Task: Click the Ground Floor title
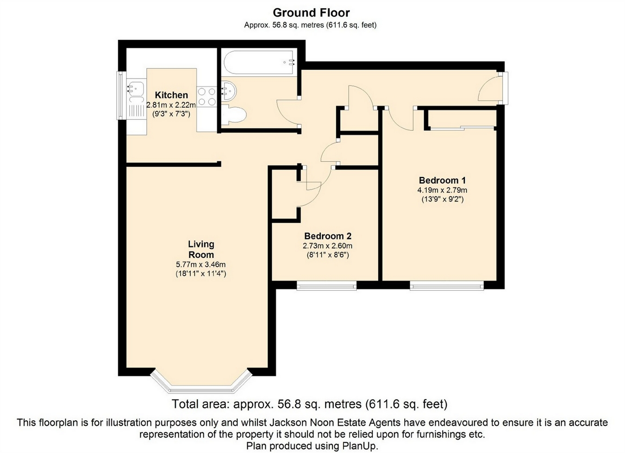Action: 311,13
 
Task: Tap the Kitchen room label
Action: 171,95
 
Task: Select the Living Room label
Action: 201,249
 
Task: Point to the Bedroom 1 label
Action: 442,180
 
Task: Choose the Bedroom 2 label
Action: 328,236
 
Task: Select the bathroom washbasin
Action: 229,91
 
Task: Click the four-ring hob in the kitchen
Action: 207,97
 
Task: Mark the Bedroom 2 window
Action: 326,286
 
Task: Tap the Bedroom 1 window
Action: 447,286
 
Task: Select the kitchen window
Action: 121,96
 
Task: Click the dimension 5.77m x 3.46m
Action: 200,264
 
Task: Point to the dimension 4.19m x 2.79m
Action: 442,190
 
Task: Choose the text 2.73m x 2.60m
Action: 328,246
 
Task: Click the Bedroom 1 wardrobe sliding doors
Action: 462,128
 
